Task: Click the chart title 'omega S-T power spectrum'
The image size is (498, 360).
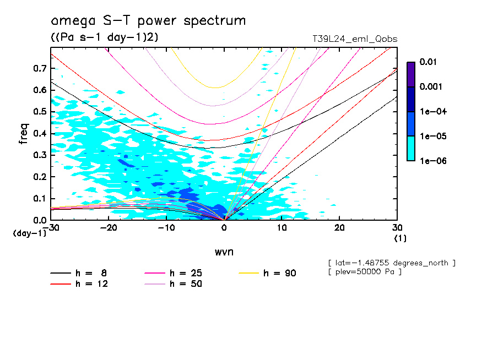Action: pos(148,21)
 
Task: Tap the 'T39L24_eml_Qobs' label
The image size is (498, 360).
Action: pos(354,39)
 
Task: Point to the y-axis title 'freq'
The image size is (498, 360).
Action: pos(24,133)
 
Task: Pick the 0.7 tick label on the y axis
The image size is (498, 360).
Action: pos(40,68)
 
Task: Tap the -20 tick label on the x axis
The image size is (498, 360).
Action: pos(109,228)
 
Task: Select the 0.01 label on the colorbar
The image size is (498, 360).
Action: pos(428,62)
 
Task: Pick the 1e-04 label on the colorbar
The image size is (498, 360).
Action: pos(431,112)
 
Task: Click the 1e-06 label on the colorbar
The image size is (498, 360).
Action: pos(431,161)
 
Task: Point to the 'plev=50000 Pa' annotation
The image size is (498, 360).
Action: pos(365,272)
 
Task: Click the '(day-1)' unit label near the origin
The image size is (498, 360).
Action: pos(30,233)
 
